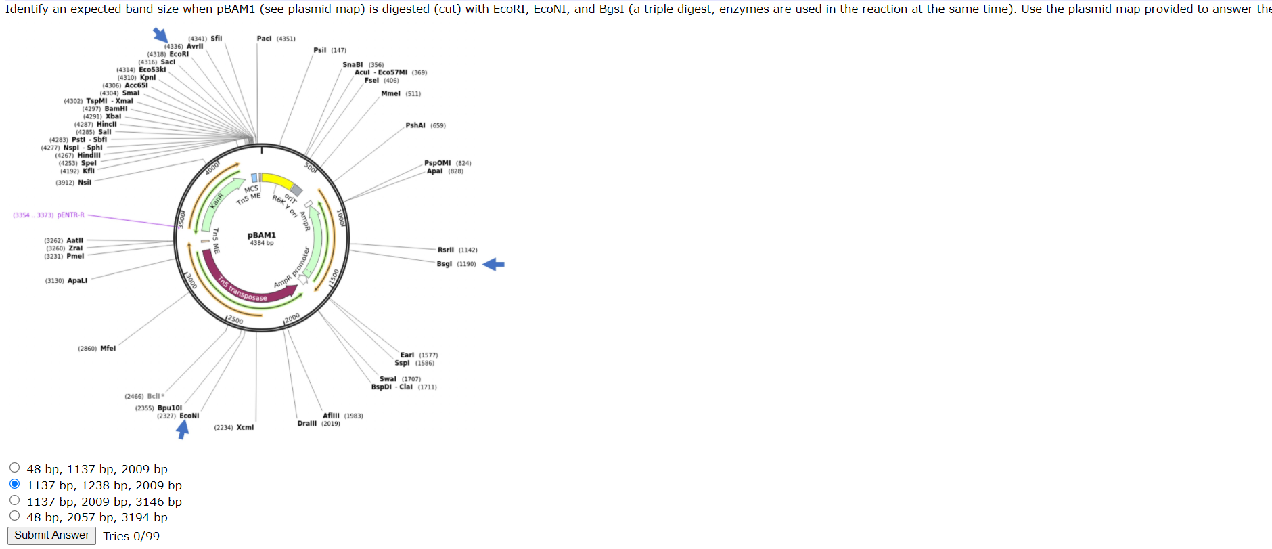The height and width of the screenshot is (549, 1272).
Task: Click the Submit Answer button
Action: (51, 535)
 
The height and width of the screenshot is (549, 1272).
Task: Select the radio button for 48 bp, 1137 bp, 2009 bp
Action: (15, 468)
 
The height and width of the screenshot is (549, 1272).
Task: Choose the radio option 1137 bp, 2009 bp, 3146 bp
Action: (15, 500)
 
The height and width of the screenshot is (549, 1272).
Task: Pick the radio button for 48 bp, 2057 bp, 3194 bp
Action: (15, 516)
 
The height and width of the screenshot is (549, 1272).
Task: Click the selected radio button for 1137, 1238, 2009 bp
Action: (15, 484)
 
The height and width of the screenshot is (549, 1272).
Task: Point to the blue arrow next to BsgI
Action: (494, 264)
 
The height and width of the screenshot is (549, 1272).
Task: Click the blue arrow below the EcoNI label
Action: (183, 430)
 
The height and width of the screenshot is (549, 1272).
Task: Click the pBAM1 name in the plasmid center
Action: (262, 235)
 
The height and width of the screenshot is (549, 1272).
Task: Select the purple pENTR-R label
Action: (70, 215)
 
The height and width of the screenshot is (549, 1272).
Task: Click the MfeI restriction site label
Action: (108, 349)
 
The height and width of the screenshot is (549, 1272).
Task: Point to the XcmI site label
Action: (245, 428)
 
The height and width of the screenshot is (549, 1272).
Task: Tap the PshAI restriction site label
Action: (415, 125)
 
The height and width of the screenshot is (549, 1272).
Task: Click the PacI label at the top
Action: (265, 39)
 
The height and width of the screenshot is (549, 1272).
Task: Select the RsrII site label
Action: (446, 250)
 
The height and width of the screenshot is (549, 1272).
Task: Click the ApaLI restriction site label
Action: (77, 281)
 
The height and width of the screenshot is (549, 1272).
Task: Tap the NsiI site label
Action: (85, 183)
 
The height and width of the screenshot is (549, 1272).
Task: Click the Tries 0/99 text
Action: (131, 536)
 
